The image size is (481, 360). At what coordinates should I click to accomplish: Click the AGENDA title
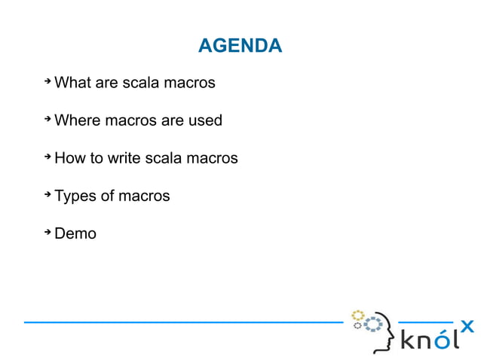click(240, 46)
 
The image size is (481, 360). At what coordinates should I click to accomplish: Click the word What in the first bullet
click(72, 82)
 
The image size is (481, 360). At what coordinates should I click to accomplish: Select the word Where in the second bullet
click(76, 120)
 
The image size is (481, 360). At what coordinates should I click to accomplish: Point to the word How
click(69, 158)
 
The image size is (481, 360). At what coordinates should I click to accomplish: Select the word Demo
click(75, 233)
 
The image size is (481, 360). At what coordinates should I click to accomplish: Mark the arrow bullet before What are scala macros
click(47, 80)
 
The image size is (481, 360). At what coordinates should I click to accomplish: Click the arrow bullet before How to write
click(47, 156)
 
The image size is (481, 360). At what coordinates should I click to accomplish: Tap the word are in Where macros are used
click(172, 120)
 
